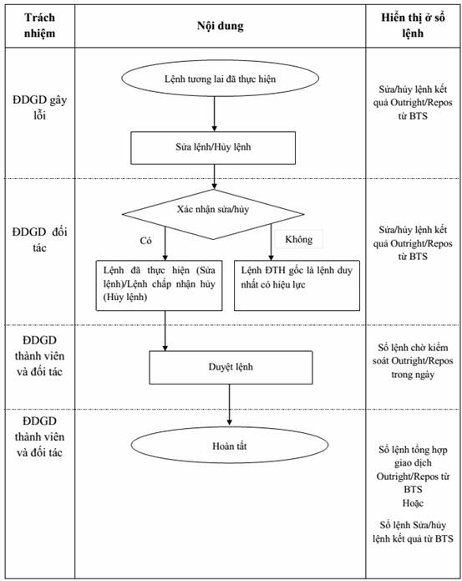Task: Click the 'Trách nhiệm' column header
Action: tap(39, 25)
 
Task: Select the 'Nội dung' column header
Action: tap(221, 26)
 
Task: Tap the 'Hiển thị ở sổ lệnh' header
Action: tap(413, 25)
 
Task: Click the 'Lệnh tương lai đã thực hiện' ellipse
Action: tap(221, 79)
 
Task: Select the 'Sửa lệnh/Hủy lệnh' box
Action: tap(213, 148)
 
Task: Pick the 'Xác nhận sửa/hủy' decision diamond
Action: tap(213, 214)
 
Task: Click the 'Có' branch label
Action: tap(146, 241)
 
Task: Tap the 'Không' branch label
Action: tap(299, 239)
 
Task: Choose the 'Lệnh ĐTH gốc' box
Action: tap(297, 285)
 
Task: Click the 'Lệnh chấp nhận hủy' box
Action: tap(160, 285)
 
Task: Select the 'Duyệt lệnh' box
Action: tap(231, 367)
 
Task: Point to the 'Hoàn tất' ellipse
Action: tap(230, 445)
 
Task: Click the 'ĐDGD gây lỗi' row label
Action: tap(39, 108)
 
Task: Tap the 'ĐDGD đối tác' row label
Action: tap(39, 240)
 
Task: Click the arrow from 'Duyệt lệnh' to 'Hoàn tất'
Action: tap(230, 405)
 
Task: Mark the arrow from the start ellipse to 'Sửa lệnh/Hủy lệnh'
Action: tap(215, 114)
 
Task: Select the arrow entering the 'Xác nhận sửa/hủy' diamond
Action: tap(215, 176)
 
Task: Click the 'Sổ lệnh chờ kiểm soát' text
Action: tap(413, 361)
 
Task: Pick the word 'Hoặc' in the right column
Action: tap(413, 503)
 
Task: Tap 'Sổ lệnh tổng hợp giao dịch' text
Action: tap(413, 470)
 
